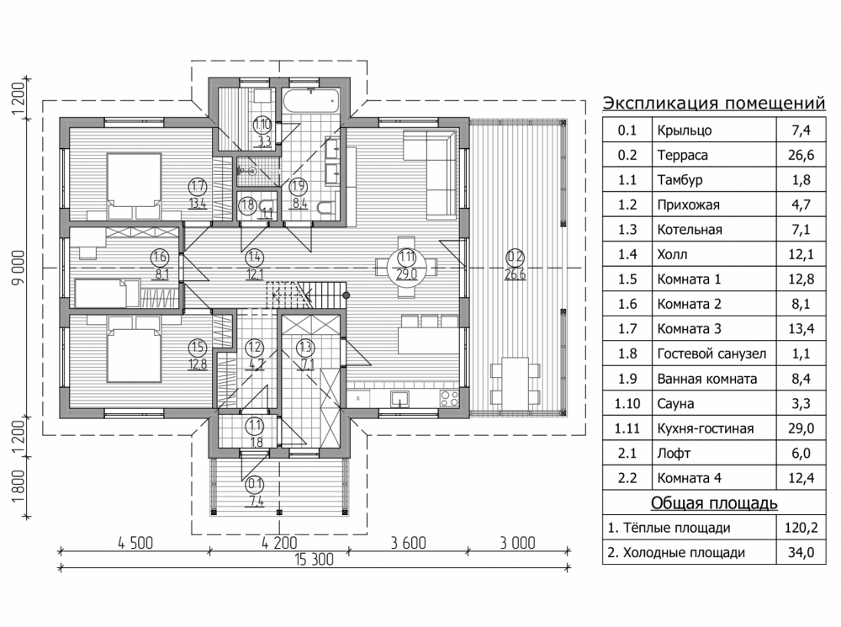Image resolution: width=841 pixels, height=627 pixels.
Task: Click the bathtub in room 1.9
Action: [x=311, y=101]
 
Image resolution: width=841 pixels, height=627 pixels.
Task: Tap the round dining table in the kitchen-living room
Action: [x=407, y=267]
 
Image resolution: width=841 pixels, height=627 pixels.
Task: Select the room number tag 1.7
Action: [x=198, y=187]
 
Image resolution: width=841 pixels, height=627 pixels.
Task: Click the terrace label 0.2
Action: [x=515, y=258]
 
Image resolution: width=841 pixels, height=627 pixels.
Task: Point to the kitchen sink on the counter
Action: [x=399, y=399]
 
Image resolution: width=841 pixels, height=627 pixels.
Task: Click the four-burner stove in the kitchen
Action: [x=449, y=398]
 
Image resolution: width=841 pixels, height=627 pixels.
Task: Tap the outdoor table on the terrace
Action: [x=515, y=383]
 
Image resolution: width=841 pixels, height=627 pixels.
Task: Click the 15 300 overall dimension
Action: [x=314, y=560]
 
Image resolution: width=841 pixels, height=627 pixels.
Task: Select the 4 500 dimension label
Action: [x=135, y=543]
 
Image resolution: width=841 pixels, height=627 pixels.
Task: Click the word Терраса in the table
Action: [x=683, y=155]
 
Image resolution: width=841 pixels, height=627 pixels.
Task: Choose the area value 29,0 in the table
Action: [x=801, y=428]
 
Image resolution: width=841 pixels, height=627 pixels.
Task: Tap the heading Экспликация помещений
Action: [x=714, y=103]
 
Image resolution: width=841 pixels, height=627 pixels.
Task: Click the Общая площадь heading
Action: [x=714, y=503]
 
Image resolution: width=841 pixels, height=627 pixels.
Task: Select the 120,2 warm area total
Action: [x=801, y=528]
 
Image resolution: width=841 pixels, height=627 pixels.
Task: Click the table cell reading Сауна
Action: [x=676, y=404]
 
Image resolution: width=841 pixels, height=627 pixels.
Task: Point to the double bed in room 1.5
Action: [x=134, y=349]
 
